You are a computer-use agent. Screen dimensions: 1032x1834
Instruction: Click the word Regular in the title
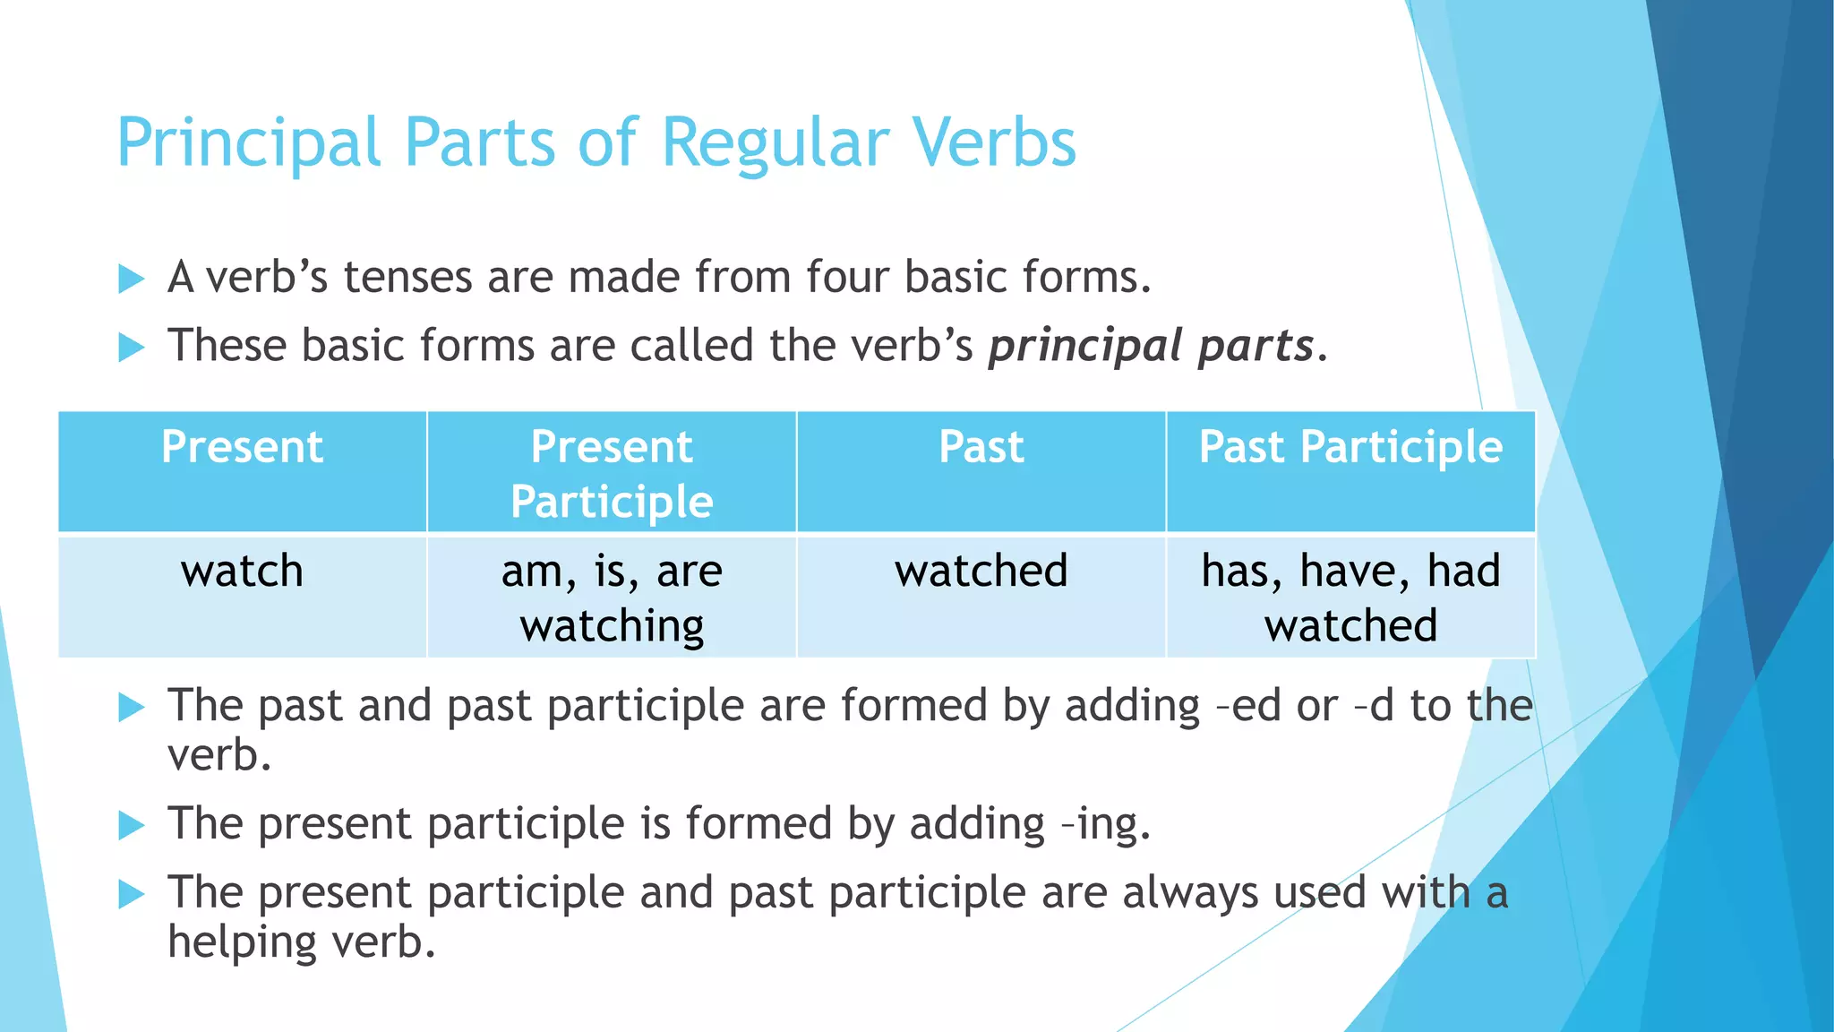coord(776,143)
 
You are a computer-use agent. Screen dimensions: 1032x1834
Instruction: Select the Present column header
coord(242,471)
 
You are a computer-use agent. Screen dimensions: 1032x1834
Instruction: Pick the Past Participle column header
coord(1350,471)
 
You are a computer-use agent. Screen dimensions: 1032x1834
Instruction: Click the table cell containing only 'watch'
coord(242,596)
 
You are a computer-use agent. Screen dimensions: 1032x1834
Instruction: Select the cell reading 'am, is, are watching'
coord(612,598)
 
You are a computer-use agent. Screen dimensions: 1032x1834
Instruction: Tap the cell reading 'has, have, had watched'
coord(1350,598)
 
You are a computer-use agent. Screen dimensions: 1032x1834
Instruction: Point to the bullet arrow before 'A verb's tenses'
coord(131,279)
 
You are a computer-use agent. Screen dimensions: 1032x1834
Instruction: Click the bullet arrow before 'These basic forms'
coord(131,347)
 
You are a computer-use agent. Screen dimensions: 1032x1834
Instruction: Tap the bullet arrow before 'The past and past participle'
coord(131,708)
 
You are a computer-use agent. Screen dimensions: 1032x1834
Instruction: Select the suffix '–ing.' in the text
coord(1105,824)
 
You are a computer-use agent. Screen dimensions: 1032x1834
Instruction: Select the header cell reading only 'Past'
coord(981,471)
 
